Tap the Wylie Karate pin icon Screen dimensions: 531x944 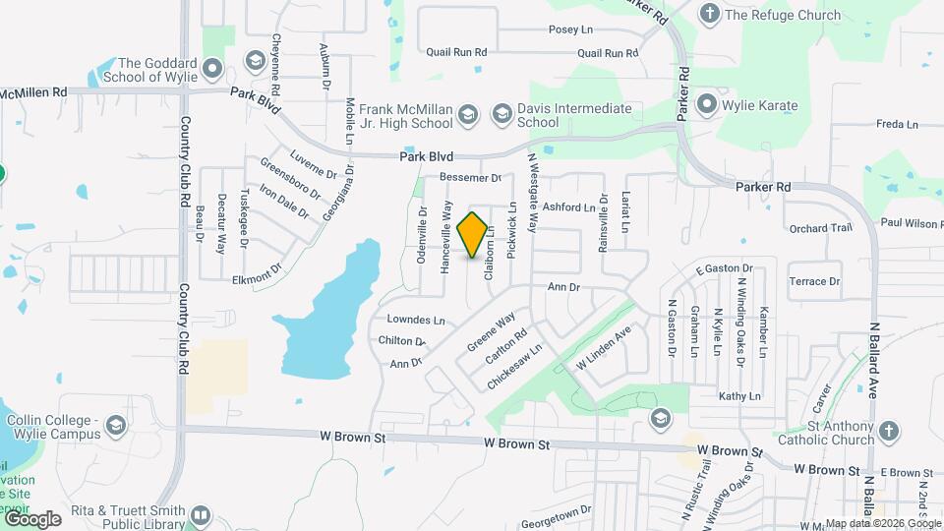point(706,104)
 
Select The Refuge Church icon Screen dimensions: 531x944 point(708,14)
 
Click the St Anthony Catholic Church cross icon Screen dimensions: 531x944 point(888,431)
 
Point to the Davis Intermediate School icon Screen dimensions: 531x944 point(501,115)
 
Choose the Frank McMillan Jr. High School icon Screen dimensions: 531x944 point(468,115)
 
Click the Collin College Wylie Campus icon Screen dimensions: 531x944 point(116,426)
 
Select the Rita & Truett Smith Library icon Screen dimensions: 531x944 point(201,514)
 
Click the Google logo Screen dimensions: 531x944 point(31,518)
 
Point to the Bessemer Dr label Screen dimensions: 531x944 point(471,178)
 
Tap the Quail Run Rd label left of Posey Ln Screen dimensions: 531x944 point(456,52)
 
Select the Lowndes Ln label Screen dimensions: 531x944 point(416,320)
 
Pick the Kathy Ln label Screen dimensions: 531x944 point(739,396)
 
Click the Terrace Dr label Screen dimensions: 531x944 point(814,281)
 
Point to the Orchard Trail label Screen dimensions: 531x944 point(819,228)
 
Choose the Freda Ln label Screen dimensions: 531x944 point(896,125)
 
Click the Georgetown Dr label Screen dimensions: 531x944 point(557,510)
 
